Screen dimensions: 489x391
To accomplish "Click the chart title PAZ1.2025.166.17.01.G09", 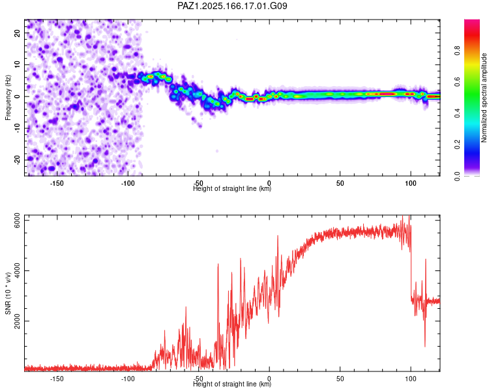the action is pyautogui.click(x=232, y=6).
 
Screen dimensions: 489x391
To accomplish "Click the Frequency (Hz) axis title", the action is pyautogui.click(x=8, y=98).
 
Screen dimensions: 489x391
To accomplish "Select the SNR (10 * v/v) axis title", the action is pyautogui.click(x=8, y=293).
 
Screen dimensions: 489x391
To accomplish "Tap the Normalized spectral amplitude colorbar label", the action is pyautogui.click(x=484, y=98).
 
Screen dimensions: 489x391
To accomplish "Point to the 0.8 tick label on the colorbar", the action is pyautogui.click(x=457, y=50).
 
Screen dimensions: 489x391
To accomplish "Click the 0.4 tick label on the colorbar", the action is pyautogui.click(x=457, y=113).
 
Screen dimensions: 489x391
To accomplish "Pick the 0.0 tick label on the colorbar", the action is pyautogui.click(x=457, y=176).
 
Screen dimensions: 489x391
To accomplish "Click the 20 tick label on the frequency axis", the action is pyautogui.click(x=17, y=33).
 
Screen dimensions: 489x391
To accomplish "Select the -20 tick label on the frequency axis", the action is pyautogui.click(x=17, y=160).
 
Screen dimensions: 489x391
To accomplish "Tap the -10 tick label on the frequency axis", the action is pyautogui.click(x=17, y=128).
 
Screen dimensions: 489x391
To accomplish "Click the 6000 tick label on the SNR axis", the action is pyautogui.click(x=17, y=220).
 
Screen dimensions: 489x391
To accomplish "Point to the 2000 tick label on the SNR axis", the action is pyautogui.click(x=17, y=321).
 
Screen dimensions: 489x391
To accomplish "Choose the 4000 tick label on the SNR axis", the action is pyautogui.click(x=17, y=270).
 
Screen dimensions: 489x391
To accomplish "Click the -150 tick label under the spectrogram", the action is pyautogui.click(x=57, y=183).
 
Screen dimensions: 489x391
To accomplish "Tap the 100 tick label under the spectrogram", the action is pyautogui.click(x=411, y=183).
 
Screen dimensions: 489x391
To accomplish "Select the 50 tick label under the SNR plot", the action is pyautogui.click(x=340, y=379).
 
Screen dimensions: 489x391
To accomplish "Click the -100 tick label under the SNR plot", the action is pyautogui.click(x=127, y=379).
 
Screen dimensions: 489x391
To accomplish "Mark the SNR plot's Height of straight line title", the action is pyautogui.click(x=232, y=384).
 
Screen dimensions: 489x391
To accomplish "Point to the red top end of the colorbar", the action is pyautogui.click(x=472, y=22).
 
